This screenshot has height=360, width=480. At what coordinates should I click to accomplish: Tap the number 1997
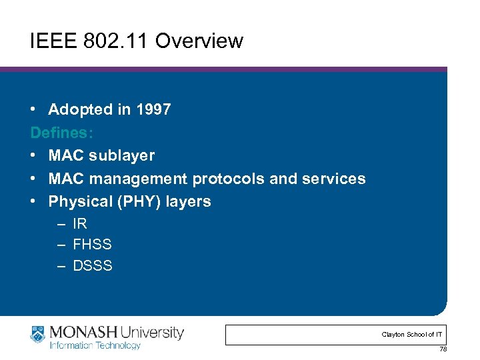point(153,110)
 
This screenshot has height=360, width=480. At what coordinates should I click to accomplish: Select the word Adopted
point(75,110)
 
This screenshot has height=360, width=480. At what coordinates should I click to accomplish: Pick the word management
point(139,179)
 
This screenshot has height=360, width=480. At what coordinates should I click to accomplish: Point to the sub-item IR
point(80,224)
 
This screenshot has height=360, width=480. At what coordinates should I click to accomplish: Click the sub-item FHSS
point(92,245)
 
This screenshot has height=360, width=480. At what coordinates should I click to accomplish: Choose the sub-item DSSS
point(93,265)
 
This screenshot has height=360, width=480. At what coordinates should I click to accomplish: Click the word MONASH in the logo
point(82,332)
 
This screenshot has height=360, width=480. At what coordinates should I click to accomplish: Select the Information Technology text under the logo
point(95,346)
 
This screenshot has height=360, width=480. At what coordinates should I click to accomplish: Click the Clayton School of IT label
point(411,335)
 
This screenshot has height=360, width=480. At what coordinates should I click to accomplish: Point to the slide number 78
point(443,350)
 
